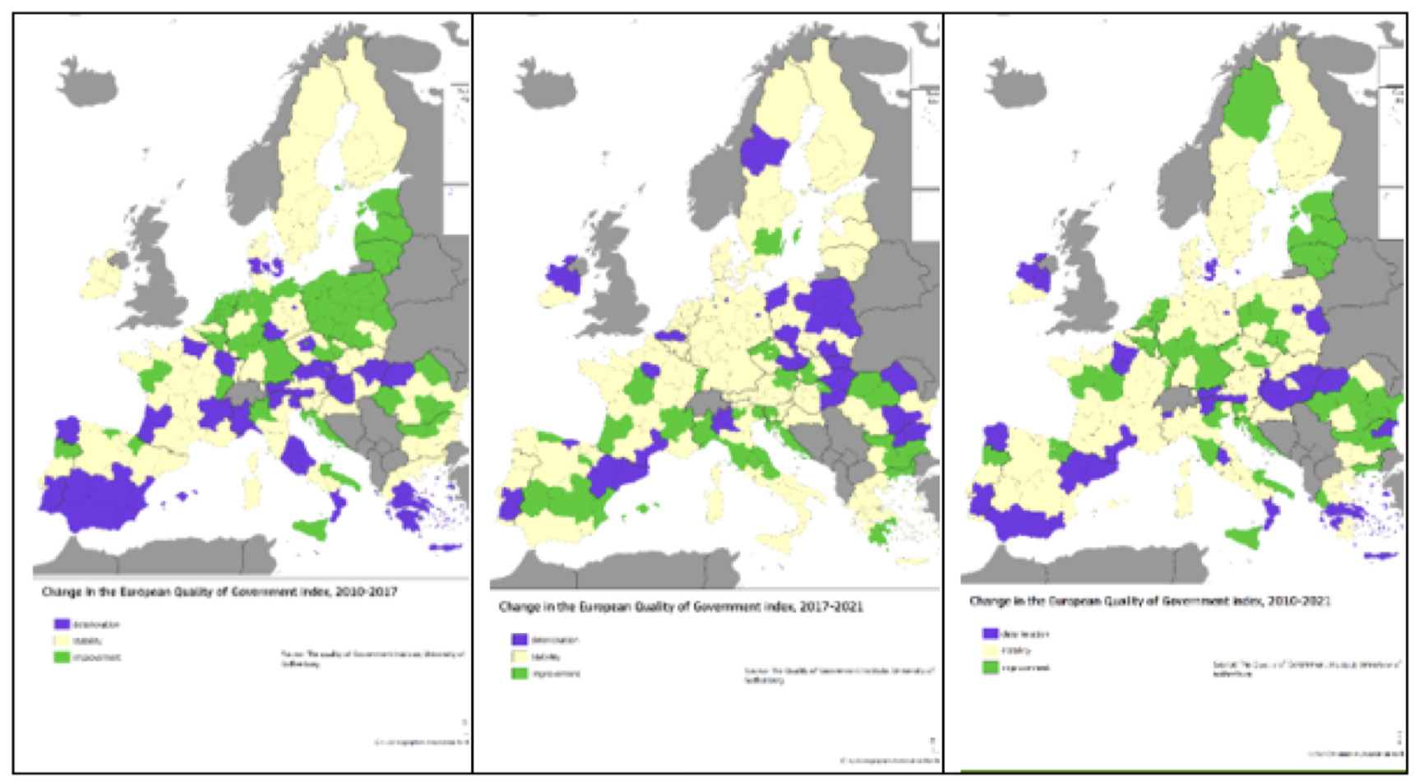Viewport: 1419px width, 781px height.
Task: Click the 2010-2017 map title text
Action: point(219,592)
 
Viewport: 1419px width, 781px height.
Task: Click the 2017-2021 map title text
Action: point(680,608)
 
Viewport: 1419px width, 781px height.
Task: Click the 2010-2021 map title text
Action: point(1149,601)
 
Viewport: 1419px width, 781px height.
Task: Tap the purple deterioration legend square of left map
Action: point(62,625)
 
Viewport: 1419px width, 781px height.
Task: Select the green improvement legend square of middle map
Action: point(519,673)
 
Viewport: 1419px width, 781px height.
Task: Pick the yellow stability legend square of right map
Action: point(990,650)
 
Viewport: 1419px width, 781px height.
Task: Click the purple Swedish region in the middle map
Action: point(763,151)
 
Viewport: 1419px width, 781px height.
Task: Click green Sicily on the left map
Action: point(311,528)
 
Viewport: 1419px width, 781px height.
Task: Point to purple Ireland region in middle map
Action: point(564,275)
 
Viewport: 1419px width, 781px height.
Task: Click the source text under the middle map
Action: point(839,675)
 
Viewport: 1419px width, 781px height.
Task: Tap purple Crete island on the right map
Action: point(1381,557)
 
